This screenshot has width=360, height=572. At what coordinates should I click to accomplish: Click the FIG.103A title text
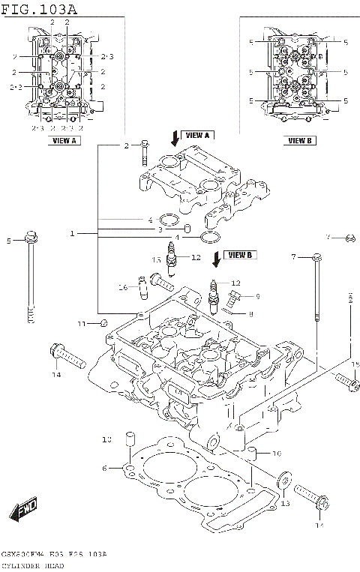[x=39, y=8]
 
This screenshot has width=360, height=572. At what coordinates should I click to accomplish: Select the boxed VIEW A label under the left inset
[x=64, y=140]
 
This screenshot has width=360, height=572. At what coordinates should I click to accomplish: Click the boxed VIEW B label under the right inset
[x=299, y=140]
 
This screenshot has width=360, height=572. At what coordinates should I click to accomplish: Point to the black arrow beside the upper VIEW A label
[x=175, y=136]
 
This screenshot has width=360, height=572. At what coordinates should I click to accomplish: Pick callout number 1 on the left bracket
[x=73, y=234]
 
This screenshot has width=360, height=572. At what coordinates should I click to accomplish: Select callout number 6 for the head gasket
[x=105, y=469]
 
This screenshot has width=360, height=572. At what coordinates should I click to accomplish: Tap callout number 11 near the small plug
[x=82, y=323]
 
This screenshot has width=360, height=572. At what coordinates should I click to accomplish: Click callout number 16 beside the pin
[x=123, y=287]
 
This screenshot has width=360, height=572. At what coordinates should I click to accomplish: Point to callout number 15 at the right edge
[x=355, y=364]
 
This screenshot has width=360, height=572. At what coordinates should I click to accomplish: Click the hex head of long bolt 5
[x=30, y=239]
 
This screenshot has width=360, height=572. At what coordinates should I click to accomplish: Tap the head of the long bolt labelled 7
[x=317, y=258]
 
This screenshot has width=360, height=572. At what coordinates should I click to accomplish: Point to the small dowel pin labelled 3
[x=187, y=229]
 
